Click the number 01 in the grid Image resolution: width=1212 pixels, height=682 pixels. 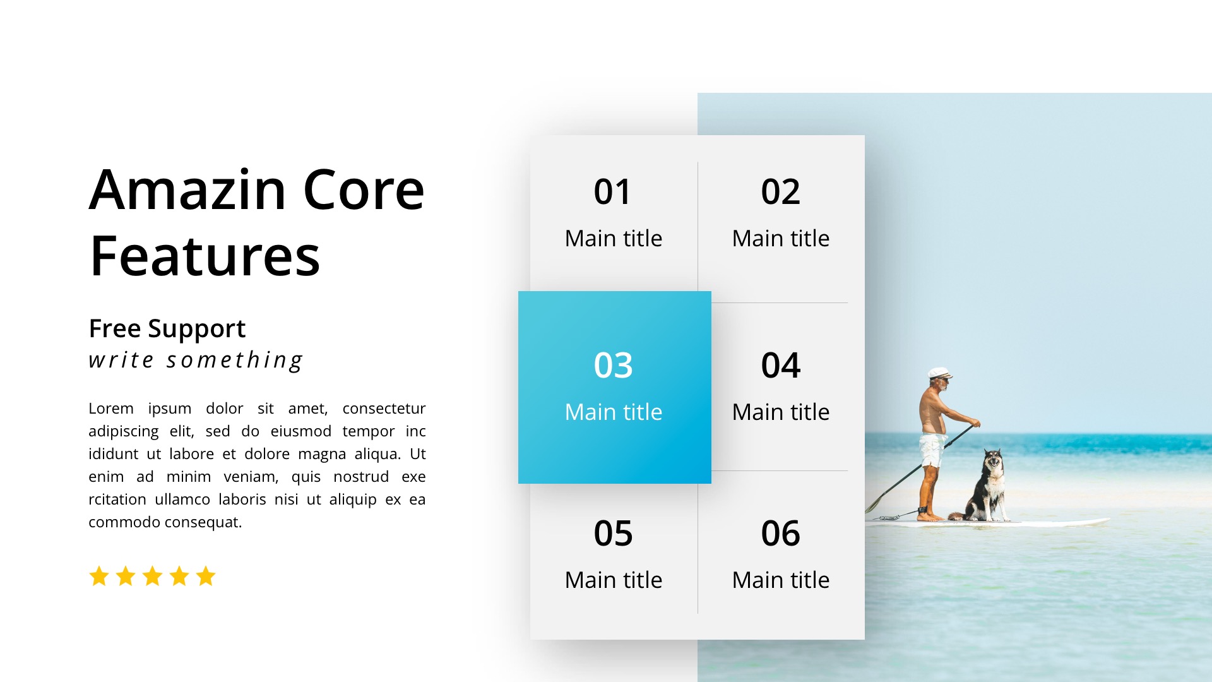coord(612,192)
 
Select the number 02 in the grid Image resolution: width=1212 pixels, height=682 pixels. coord(780,192)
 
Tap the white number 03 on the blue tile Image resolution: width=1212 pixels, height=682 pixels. coord(613,366)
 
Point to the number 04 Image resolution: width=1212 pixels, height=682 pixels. coord(780,366)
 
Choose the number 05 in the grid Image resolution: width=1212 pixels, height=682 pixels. coord(613,534)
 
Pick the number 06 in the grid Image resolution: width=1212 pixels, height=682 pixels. coord(780,534)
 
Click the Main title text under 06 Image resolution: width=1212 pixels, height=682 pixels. coord(781,580)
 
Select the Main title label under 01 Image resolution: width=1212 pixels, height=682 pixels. coord(614,239)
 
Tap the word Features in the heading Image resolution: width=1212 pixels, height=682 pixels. coord(205,256)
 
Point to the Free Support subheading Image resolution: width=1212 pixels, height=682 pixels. coord(167,329)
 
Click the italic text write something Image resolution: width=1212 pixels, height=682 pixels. coord(196,360)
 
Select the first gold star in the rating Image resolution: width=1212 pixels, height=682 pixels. coord(99,576)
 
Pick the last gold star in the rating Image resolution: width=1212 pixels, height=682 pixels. coord(206,576)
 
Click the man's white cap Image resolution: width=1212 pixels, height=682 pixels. coord(940,373)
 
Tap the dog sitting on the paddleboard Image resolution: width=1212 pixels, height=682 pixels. coord(986,486)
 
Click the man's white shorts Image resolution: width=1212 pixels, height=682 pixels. coord(930,450)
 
